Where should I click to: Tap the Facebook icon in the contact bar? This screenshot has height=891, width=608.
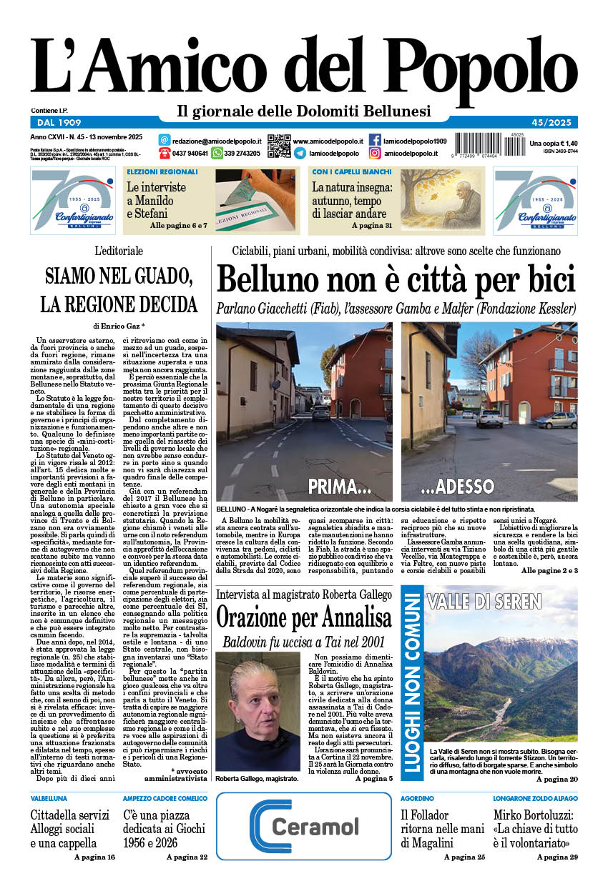(x=375, y=140)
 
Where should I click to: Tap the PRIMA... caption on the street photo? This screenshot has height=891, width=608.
(x=338, y=487)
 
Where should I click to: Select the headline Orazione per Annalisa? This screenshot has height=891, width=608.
(x=304, y=615)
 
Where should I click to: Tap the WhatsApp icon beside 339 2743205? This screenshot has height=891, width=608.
(x=217, y=153)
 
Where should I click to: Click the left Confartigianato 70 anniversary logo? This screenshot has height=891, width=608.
(x=72, y=201)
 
